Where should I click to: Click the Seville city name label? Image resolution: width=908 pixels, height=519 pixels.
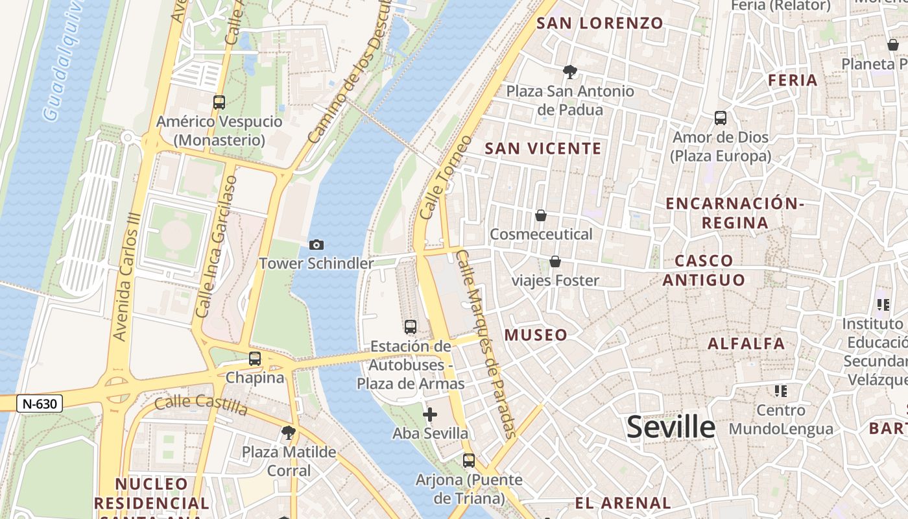coord(671,427)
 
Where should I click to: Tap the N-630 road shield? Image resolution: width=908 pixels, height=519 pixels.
coord(39,404)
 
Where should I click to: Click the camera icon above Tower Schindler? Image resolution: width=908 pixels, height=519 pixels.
coord(317,245)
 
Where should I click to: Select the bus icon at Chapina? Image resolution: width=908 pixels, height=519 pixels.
coord(255,358)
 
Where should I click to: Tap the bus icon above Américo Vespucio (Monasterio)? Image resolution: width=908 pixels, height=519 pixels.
coord(219,102)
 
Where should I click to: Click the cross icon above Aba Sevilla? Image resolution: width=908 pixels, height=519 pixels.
coord(429,414)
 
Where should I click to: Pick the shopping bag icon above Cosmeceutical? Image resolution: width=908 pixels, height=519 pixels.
coord(541,215)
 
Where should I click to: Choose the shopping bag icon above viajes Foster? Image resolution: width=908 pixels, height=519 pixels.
coord(555,261)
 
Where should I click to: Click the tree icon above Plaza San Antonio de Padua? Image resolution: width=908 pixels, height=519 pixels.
coord(570,71)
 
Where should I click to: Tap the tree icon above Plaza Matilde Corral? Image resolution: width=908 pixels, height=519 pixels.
coord(289,432)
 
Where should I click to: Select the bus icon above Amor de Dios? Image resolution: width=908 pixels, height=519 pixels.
coord(721,118)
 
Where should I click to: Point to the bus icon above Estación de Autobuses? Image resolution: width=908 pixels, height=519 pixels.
coord(411,326)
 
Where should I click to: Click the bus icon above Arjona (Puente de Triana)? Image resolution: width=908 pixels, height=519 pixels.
coord(469,461)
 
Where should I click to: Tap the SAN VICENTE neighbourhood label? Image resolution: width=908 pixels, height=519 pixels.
coord(544,149)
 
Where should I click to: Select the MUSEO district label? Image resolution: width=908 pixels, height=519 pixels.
coord(536,335)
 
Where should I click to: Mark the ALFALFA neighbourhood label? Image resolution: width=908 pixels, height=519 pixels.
coord(746,343)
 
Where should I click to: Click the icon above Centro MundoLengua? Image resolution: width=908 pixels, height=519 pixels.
coord(780,391)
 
